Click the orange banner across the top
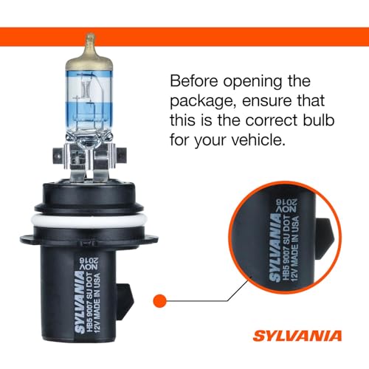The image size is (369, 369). tap(184, 35)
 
